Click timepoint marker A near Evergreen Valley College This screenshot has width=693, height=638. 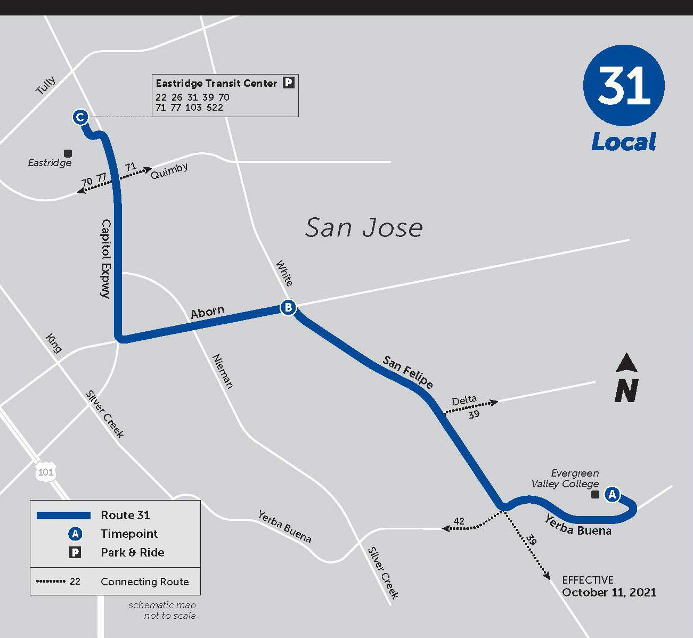click(x=612, y=494)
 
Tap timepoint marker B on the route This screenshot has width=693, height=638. click(x=288, y=307)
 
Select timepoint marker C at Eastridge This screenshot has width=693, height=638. click(x=80, y=117)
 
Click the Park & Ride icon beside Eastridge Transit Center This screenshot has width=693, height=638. click(x=288, y=83)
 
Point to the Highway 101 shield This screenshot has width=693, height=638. click(x=46, y=472)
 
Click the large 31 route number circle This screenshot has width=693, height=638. click(x=624, y=85)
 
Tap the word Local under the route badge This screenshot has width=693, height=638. click(x=623, y=142)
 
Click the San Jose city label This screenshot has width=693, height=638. click(x=364, y=227)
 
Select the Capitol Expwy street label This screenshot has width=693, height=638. click(x=105, y=258)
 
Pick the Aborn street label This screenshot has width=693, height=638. click(x=207, y=312)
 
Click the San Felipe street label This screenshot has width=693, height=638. click(x=407, y=372)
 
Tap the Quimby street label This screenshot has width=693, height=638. click(x=169, y=171)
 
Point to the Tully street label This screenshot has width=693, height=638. click(x=45, y=85)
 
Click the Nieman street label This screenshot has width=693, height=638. click(x=223, y=371)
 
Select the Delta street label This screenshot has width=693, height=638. click(x=464, y=400)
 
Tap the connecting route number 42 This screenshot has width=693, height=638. click(x=459, y=521)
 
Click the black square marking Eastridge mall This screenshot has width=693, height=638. click(x=68, y=153)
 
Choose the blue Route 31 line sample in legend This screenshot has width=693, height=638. click(x=63, y=515)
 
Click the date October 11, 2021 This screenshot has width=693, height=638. click(x=609, y=592)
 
